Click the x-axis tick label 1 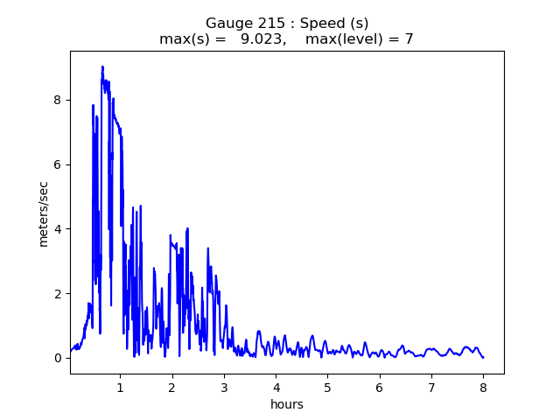[x=120, y=388]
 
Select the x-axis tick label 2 [x=172, y=388]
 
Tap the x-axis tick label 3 [x=224, y=388]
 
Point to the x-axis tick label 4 [x=276, y=388]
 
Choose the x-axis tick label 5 [x=327, y=388]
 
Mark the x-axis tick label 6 [x=380, y=388]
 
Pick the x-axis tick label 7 [x=431, y=388]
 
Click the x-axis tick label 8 [x=483, y=388]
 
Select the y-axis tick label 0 [x=59, y=358]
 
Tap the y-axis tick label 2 [x=59, y=293]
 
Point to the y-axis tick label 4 [x=59, y=229]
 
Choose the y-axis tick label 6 [x=59, y=164]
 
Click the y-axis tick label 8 [x=59, y=100]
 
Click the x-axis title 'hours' [x=287, y=404]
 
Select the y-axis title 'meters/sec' [x=43, y=213]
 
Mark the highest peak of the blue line [x=102, y=66]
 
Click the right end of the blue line [x=483, y=357]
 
